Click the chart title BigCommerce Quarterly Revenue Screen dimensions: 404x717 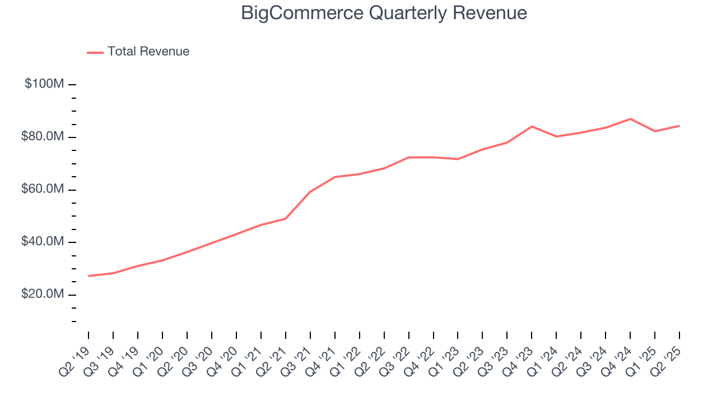click(384, 13)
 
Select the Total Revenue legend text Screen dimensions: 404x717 click(148, 52)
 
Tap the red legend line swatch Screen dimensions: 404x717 click(95, 52)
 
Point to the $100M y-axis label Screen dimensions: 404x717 click(44, 84)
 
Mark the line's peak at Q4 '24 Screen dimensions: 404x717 click(630, 119)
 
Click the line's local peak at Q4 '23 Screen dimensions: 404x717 click(532, 126)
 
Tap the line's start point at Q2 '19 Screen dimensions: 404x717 click(89, 276)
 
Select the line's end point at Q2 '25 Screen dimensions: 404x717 click(679, 126)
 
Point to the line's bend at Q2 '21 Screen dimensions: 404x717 click(286, 218)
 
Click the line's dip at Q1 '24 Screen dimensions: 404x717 click(556, 136)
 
